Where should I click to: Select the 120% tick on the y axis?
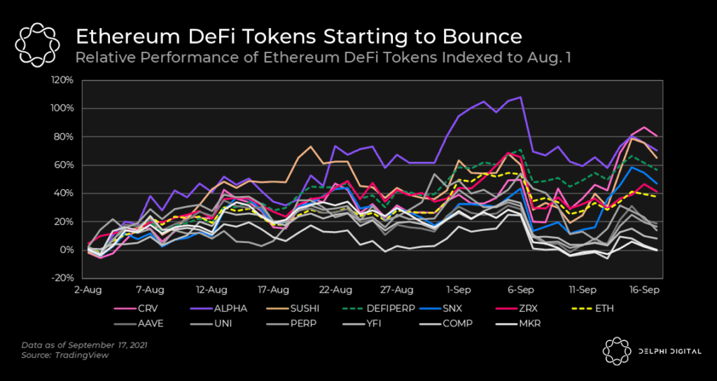(62, 80)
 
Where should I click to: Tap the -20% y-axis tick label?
(62, 278)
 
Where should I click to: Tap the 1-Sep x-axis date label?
(459, 289)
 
